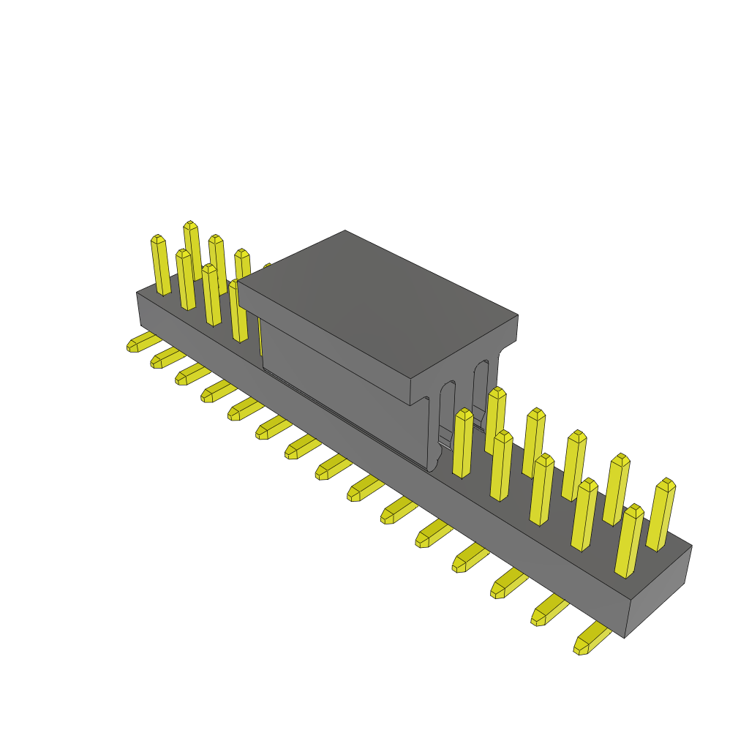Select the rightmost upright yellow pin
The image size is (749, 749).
click(661, 515)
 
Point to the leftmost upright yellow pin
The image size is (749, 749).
click(160, 265)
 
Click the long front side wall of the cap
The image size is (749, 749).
click(344, 388)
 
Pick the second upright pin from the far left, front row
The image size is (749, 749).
click(185, 280)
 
